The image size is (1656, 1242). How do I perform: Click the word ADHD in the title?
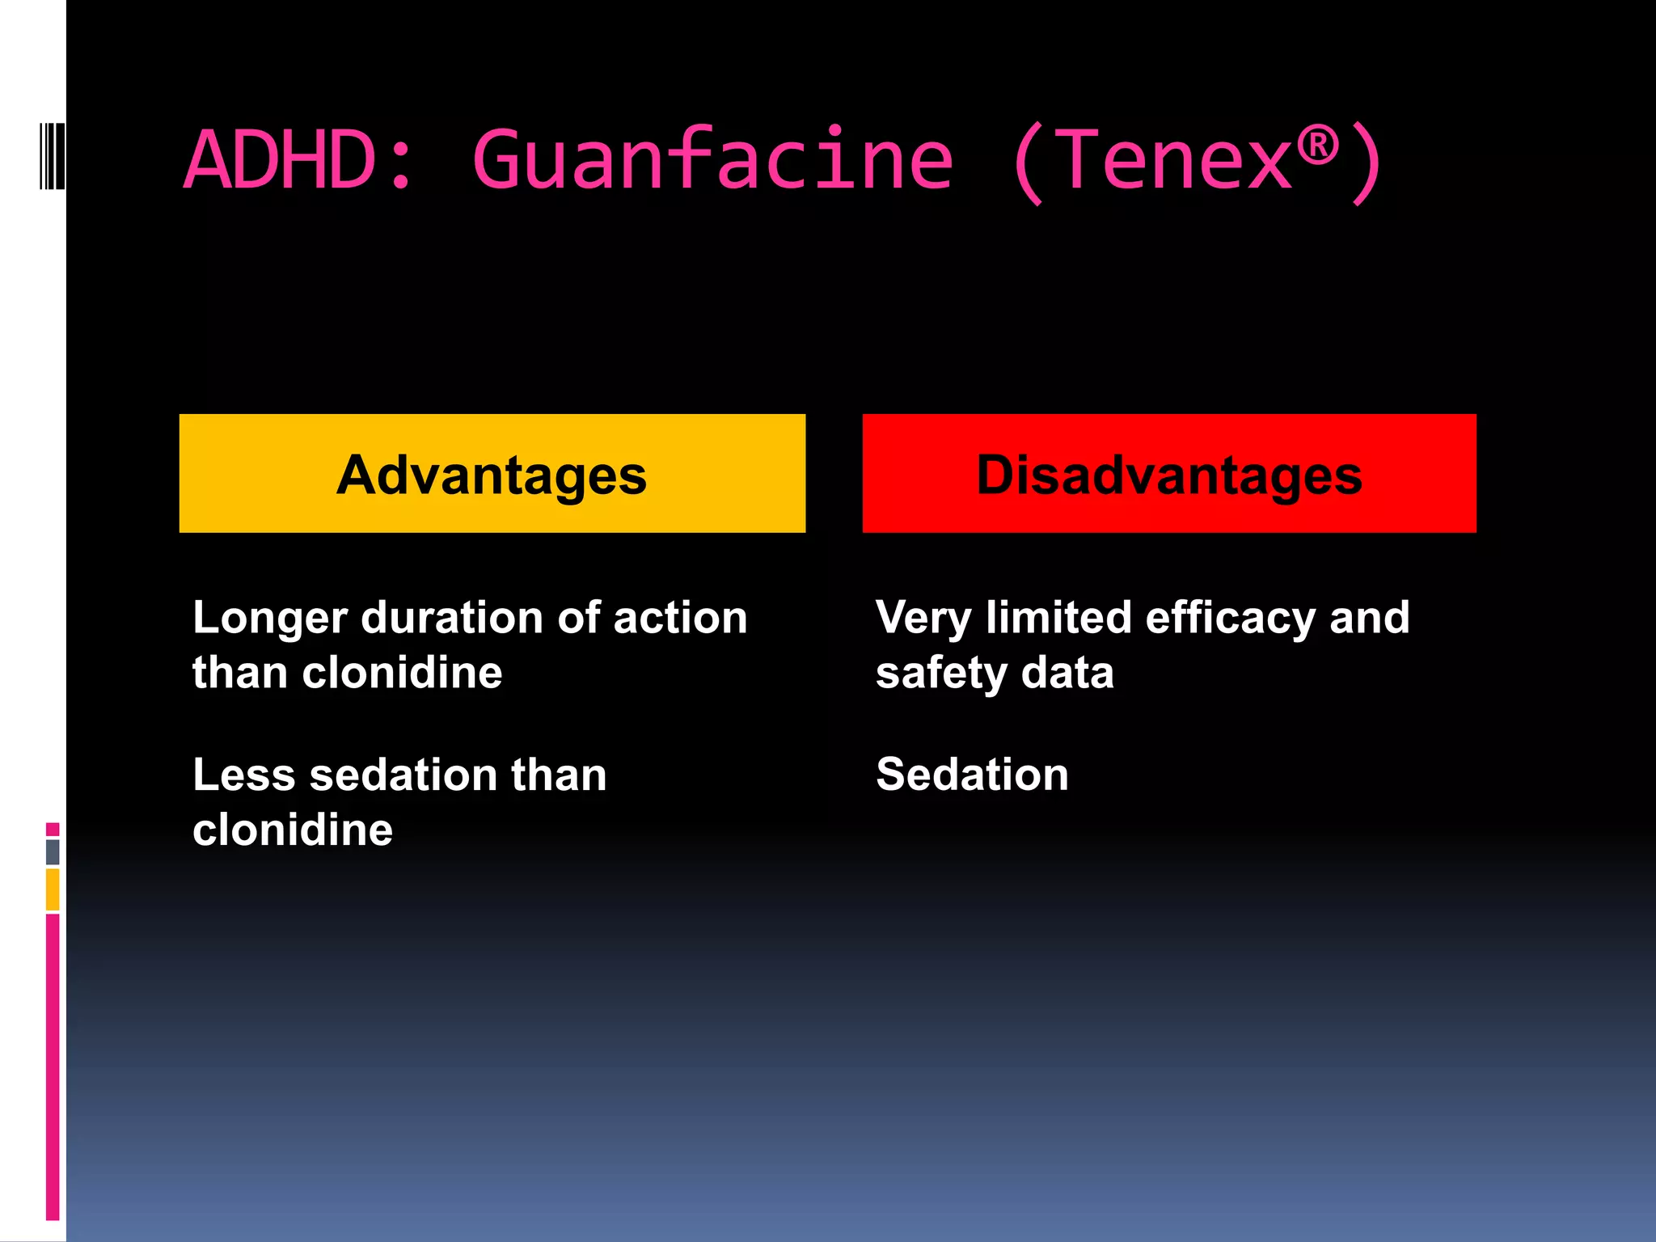[280, 160]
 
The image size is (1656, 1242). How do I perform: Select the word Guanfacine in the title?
[712, 160]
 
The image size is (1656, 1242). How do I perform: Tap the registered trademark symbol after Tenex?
[1317, 146]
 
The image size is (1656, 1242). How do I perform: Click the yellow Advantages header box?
[492, 474]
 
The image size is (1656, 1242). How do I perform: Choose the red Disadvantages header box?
[1168, 474]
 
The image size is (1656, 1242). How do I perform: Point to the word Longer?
[270, 619]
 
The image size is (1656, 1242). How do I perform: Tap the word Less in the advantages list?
[244, 775]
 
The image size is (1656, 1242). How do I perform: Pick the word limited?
[1058, 619]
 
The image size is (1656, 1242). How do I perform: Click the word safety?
[941, 674]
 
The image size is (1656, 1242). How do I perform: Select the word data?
[1067, 674]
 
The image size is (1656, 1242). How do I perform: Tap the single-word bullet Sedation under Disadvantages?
[972, 775]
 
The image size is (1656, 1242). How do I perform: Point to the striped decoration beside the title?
[52, 156]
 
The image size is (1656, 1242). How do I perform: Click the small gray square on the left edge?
[53, 851]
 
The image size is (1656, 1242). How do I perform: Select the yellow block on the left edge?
[53, 889]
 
